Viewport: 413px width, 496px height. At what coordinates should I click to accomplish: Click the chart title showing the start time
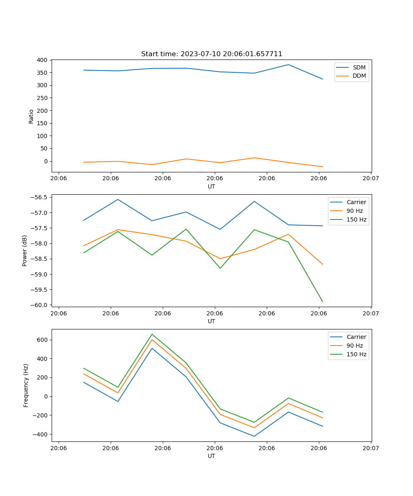click(x=211, y=54)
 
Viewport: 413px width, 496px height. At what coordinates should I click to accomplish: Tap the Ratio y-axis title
click(x=31, y=116)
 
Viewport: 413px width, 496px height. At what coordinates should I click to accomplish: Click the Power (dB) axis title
click(x=25, y=250)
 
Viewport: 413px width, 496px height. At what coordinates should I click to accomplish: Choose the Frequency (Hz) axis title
click(x=26, y=385)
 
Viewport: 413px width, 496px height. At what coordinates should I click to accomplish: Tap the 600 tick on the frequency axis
click(x=43, y=340)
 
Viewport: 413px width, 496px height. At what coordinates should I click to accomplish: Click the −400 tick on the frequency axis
click(x=41, y=434)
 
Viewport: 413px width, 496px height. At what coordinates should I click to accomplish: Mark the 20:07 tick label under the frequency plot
click(x=370, y=448)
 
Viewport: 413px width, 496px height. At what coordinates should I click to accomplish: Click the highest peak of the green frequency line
click(x=152, y=334)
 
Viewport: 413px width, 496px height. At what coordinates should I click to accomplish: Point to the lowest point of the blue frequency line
click(x=254, y=436)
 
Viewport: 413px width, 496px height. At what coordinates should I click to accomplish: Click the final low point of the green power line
click(x=322, y=301)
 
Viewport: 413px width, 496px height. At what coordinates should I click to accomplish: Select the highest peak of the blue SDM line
click(x=288, y=64)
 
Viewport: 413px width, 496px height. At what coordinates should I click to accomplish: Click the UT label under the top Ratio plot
click(x=211, y=186)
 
